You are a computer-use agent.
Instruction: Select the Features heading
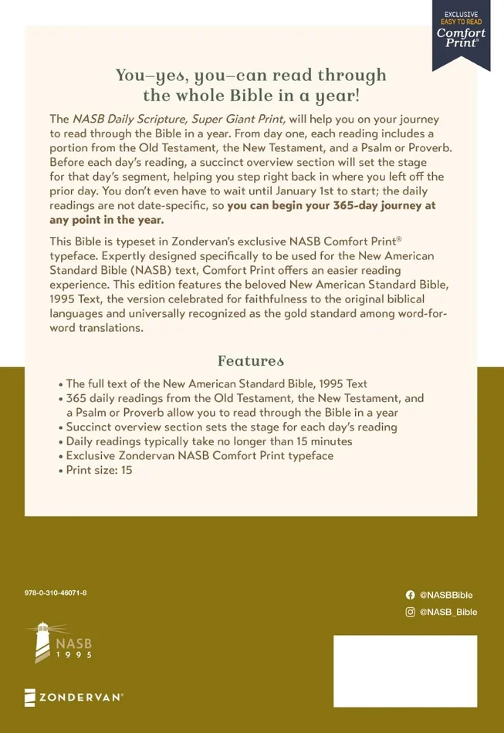[x=251, y=360]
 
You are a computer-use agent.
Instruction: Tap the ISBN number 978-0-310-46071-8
[x=56, y=592]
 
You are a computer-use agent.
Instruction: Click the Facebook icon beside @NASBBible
[x=410, y=595]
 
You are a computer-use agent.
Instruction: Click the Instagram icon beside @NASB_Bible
[x=410, y=612]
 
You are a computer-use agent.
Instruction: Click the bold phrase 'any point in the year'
[x=105, y=221]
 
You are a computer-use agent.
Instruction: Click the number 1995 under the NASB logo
[x=73, y=655]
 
